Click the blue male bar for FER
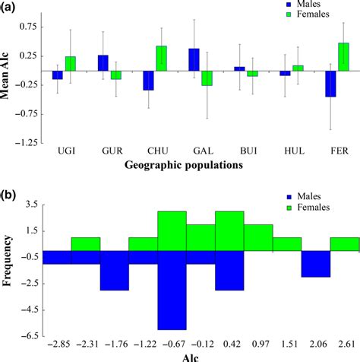click(x=330, y=84)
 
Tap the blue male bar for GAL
click(x=194, y=60)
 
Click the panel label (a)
click(x=11, y=7)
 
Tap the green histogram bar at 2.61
click(x=344, y=244)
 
